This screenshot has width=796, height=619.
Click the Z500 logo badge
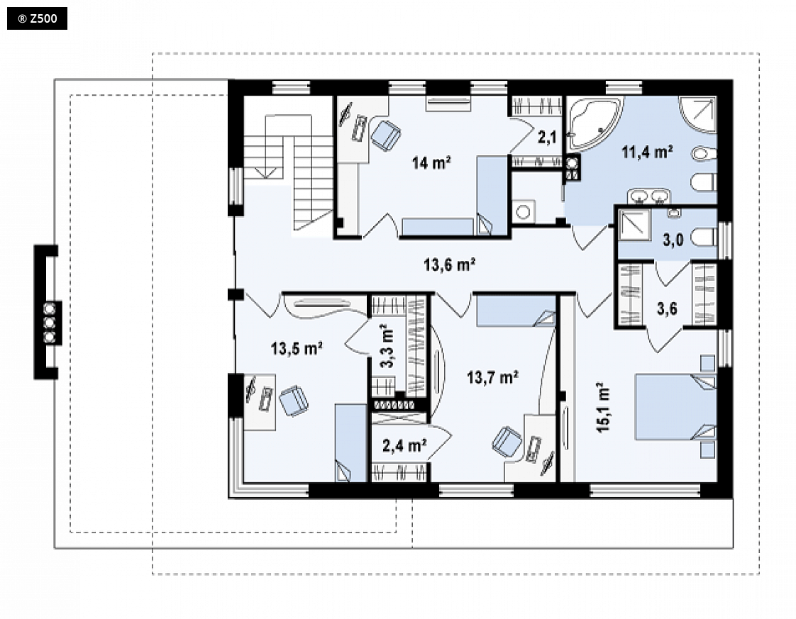[37, 18]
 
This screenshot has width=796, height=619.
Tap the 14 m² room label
[431, 163]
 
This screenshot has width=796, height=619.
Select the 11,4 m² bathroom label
[647, 151]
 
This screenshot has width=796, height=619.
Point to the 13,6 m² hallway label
[449, 264]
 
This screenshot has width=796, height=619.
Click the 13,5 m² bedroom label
[297, 349]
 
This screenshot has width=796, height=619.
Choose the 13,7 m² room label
[492, 377]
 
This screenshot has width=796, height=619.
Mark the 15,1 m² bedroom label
[603, 407]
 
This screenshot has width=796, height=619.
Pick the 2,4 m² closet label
[404, 445]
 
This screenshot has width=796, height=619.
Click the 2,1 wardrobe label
[547, 137]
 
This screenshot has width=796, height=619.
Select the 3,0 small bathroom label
[673, 240]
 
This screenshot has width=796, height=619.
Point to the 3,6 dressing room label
[667, 308]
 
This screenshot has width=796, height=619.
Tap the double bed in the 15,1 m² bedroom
[675, 407]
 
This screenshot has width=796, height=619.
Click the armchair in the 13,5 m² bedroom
[294, 401]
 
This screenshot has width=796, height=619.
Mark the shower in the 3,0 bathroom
[634, 225]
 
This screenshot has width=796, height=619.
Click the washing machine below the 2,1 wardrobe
[523, 211]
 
